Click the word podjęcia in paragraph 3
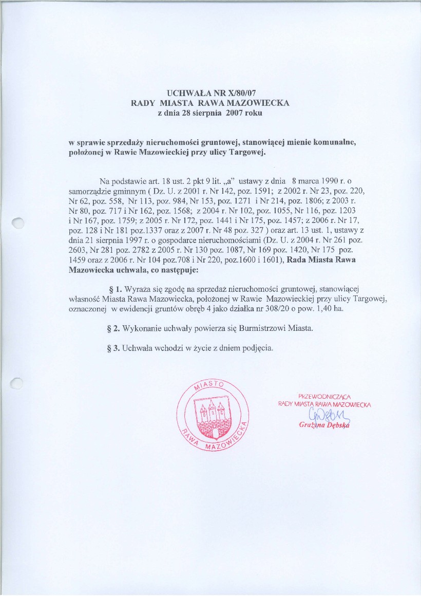point(253,347)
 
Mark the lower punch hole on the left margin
point(18,383)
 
